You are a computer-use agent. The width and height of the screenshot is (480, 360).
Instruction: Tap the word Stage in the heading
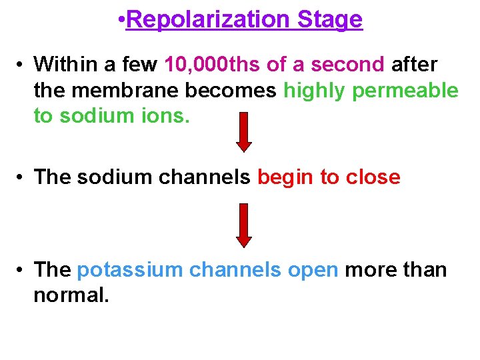(330, 20)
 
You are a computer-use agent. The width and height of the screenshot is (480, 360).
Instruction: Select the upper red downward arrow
(245, 131)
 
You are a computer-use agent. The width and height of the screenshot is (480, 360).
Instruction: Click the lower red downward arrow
(245, 224)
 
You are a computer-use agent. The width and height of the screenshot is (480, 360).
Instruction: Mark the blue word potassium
(130, 270)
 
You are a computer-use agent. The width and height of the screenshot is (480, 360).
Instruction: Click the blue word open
(313, 270)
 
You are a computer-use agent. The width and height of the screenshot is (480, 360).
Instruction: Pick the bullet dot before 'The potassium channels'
(22, 270)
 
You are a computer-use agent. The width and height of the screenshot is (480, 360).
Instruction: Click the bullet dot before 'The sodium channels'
(22, 177)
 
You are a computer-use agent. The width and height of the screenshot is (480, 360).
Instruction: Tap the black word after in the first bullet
(414, 65)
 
